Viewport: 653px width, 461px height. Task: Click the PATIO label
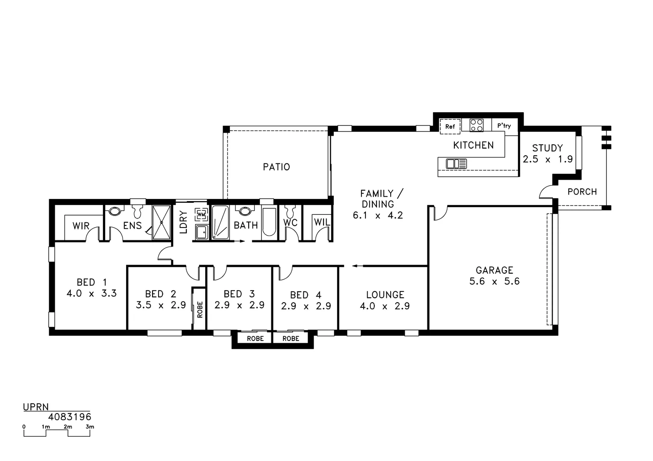276,167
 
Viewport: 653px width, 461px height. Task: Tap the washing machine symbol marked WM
201,214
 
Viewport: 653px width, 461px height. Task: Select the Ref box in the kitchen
450,126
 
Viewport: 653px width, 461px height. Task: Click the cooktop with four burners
477,125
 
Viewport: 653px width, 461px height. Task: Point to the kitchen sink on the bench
456,163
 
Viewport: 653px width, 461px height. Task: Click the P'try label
504,126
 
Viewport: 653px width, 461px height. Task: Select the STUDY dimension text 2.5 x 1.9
547,159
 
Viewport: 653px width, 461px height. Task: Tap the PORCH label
582,192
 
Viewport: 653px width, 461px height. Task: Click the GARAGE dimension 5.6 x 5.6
494,281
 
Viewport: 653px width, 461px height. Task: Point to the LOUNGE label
385,295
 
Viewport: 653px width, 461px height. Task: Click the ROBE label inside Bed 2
200,309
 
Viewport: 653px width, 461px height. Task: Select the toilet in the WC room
291,211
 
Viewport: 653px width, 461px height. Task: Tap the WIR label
81,226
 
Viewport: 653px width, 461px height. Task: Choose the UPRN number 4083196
70,417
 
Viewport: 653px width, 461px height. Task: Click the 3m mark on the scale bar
90,427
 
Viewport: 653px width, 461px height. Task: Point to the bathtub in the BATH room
269,222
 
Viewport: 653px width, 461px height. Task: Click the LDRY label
183,222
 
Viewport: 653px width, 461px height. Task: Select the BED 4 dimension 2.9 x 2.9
306,306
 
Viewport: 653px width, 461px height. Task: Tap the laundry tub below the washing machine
201,232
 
